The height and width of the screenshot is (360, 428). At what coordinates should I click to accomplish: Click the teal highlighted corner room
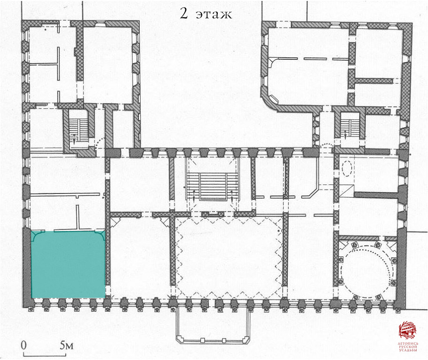[68, 264]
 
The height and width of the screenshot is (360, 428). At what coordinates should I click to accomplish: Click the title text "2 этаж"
[206, 13]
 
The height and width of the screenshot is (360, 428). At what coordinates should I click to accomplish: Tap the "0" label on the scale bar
[24, 345]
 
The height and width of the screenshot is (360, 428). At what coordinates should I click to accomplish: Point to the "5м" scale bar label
[67, 345]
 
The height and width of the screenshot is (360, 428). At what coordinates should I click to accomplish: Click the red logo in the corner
[407, 330]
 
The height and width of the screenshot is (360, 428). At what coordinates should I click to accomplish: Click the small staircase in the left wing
[78, 131]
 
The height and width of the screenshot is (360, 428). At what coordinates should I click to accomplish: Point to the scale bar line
[45, 355]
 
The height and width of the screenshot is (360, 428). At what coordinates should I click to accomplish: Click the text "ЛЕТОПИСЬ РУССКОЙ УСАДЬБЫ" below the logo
[408, 347]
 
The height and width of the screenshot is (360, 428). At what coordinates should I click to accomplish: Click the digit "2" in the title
[184, 13]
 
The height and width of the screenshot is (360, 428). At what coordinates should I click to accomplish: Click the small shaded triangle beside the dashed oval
[347, 190]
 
